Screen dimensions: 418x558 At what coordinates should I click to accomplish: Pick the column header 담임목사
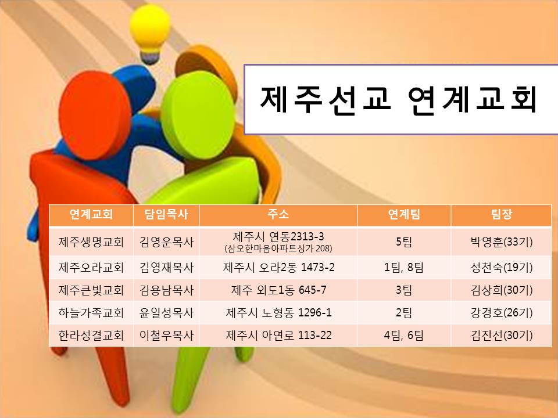(166, 215)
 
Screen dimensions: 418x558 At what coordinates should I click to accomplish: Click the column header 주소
(278, 215)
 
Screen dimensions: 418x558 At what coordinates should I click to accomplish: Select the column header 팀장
(501, 215)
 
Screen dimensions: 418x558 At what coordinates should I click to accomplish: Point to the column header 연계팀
(403, 215)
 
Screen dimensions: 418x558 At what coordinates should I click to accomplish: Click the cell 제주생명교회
(91, 241)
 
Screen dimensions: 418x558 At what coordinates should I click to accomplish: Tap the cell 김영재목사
(166, 268)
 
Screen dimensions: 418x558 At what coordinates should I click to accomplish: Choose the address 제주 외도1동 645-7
(278, 290)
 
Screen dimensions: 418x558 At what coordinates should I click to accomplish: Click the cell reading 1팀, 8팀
(403, 268)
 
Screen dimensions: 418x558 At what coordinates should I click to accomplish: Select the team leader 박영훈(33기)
(501, 241)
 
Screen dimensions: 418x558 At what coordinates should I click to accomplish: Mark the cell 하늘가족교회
(91, 312)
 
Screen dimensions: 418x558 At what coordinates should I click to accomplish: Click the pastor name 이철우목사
(166, 335)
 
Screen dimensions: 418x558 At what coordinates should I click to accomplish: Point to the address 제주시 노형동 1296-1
(278, 312)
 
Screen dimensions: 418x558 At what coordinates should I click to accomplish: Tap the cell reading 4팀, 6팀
(403, 335)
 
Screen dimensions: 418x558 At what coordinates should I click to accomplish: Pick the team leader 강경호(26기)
(501, 312)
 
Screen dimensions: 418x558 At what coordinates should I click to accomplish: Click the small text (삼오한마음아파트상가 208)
(278, 248)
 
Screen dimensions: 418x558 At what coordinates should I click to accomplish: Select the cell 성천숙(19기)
(501, 268)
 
